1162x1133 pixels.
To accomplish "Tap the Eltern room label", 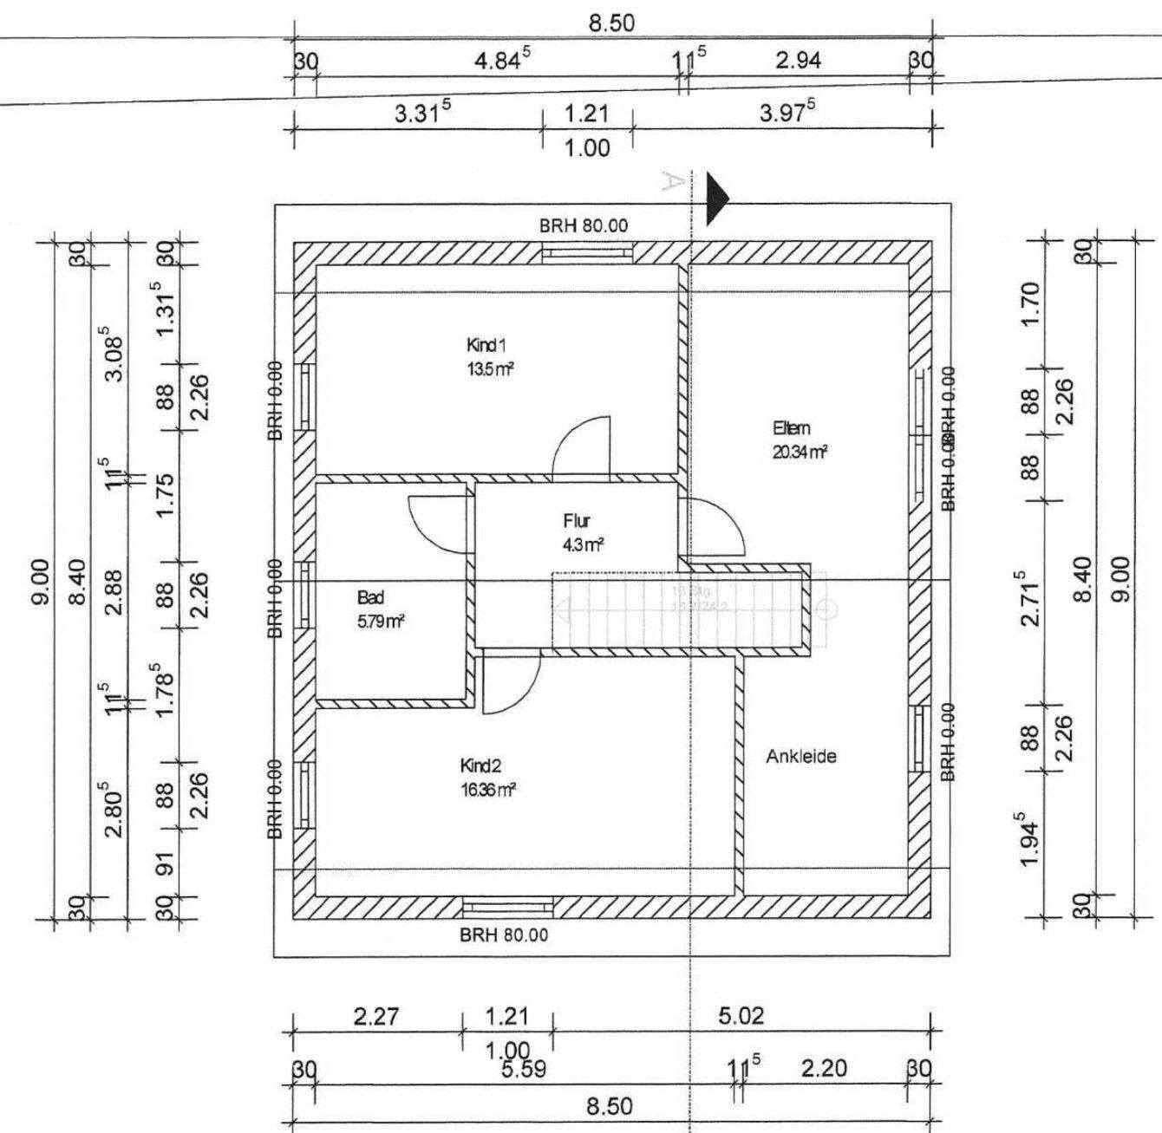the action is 791,427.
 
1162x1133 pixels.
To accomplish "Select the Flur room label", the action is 577,521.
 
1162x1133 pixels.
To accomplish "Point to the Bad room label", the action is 370,597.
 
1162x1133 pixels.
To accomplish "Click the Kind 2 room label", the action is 480,765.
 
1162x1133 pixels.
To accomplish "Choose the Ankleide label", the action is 801,756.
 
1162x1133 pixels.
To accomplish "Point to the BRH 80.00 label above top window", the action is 584,226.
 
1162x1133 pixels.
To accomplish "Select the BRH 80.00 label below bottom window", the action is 504,935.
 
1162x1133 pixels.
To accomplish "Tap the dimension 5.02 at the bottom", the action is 741,1016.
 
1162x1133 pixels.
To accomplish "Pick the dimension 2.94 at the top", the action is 797,60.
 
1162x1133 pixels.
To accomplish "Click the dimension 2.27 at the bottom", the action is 376,1016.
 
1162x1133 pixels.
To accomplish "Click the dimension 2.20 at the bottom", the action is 823,1069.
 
